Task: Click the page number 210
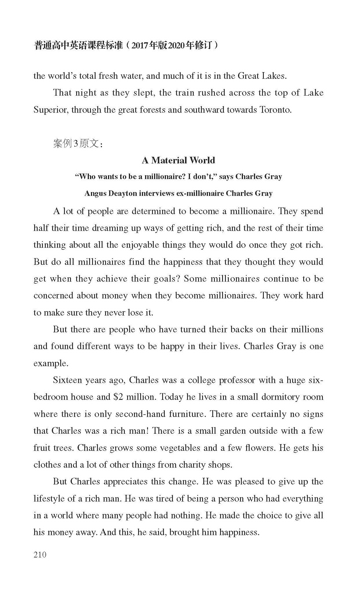tap(40, 555)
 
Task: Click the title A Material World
tap(178, 160)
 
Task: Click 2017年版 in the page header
tap(149, 45)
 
